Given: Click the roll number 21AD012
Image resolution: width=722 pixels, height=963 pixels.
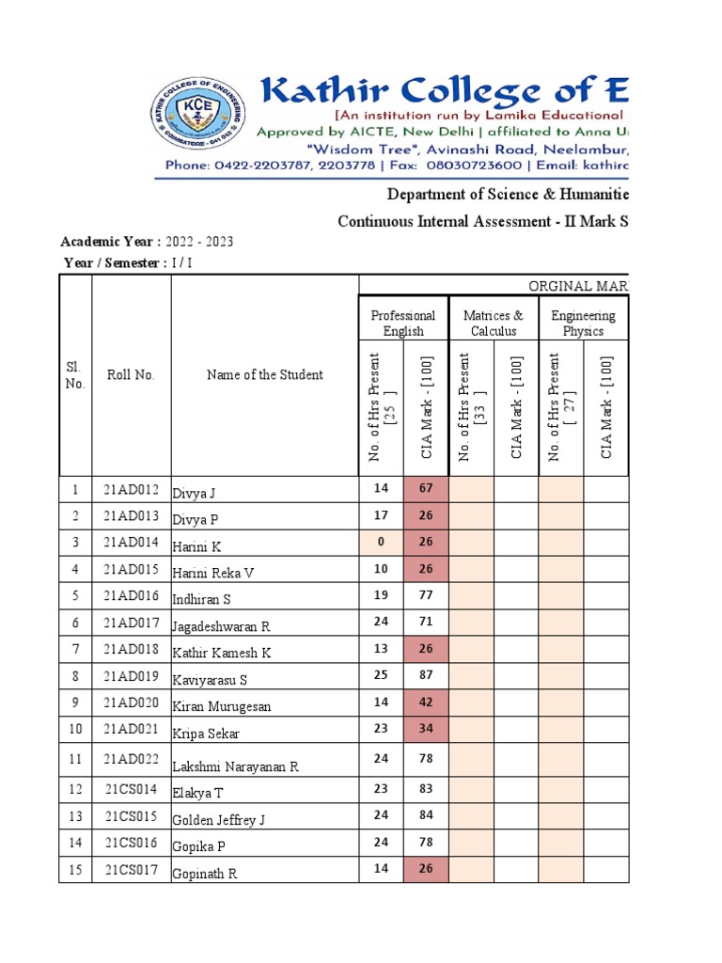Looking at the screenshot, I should coord(131,490).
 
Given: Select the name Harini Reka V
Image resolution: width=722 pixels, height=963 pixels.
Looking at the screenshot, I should coord(212,573).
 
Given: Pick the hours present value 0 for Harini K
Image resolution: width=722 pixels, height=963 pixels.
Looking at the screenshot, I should coord(381,542).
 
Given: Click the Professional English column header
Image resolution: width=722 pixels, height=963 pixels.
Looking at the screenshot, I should coord(403,324).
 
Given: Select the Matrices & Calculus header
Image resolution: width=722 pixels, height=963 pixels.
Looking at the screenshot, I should coord(494,324).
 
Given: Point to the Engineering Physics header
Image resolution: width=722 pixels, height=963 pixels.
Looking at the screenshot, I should coord(583,324).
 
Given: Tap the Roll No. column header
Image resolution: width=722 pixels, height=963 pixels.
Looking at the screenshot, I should coord(131,375).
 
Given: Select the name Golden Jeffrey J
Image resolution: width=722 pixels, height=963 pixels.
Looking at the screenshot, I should coord(218,820).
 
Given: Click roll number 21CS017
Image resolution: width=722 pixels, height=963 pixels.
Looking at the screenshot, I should coord(131,870).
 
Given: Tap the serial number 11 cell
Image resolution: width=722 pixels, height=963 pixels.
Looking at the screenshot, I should coord(75,758).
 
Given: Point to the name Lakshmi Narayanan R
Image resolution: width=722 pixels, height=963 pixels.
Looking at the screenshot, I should coord(235,767).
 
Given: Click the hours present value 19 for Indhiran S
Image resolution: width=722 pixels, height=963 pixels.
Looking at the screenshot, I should coord(381,595).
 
